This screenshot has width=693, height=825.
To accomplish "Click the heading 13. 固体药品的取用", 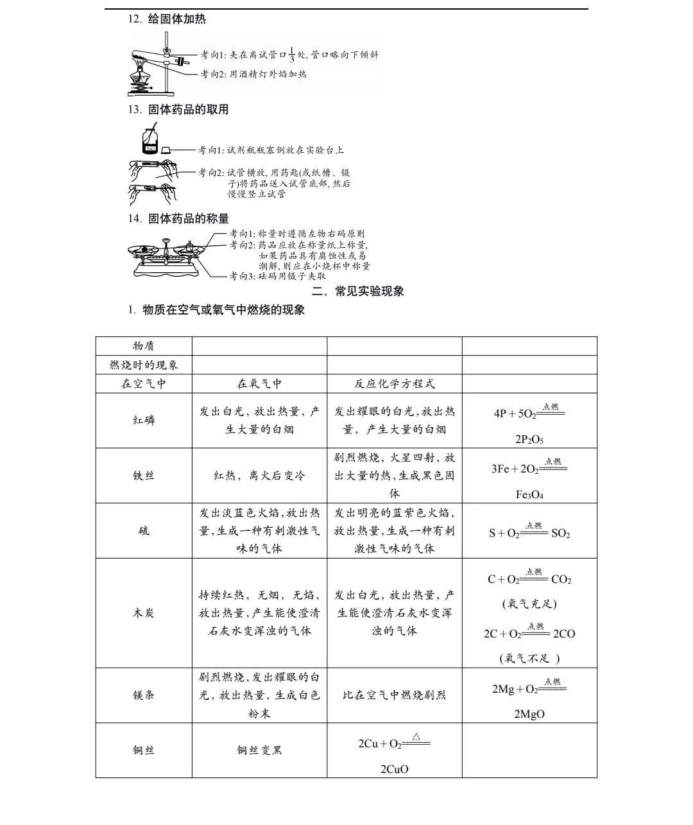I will click(178, 110).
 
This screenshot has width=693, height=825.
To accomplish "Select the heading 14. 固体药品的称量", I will click(178, 219).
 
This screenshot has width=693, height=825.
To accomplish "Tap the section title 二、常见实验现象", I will click(358, 291).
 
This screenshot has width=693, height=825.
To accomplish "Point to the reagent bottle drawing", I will click(150, 141).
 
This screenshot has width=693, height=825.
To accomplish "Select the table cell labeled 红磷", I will click(144, 421).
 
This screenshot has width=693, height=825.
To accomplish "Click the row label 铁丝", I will click(144, 476).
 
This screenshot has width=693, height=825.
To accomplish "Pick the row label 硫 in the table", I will click(144, 531).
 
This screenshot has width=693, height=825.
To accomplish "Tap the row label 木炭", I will click(144, 613).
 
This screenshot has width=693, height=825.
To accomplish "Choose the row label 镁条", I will click(144, 695).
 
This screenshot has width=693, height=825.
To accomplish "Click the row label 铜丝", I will click(144, 751).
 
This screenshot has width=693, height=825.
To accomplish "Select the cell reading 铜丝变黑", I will click(259, 751).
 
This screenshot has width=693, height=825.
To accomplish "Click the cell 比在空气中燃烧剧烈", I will click(395, 695).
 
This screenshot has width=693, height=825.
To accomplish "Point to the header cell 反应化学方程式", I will click(395, 384).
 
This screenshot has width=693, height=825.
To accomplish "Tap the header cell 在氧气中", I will click(259, 384).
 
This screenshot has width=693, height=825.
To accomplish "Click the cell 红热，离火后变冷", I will click(259, 476).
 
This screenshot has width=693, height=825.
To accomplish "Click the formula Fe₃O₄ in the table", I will click(529, 495).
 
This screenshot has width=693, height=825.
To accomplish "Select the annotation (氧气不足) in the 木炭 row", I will click(529, 658).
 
